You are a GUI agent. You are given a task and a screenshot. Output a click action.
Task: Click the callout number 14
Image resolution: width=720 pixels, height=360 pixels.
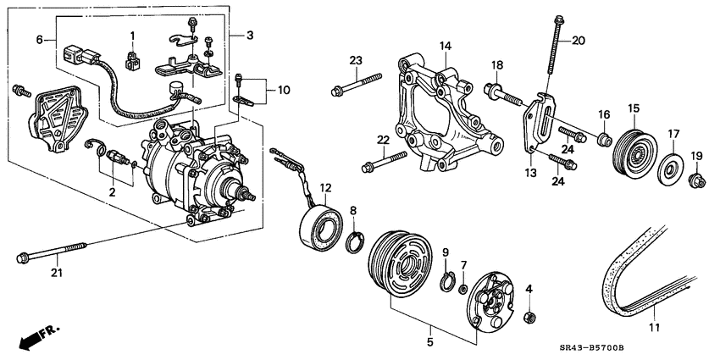(x=445, y=45)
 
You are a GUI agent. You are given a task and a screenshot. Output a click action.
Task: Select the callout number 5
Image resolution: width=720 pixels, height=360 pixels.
(x=431, y=342)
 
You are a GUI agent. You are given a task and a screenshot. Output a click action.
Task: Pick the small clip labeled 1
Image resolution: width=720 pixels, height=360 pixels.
(x=132, y=60)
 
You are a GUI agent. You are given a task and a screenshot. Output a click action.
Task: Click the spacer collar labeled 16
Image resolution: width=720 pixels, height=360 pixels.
(x=604, y=137)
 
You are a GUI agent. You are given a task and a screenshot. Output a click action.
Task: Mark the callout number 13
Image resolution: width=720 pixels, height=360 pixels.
(x=531, y=173)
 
